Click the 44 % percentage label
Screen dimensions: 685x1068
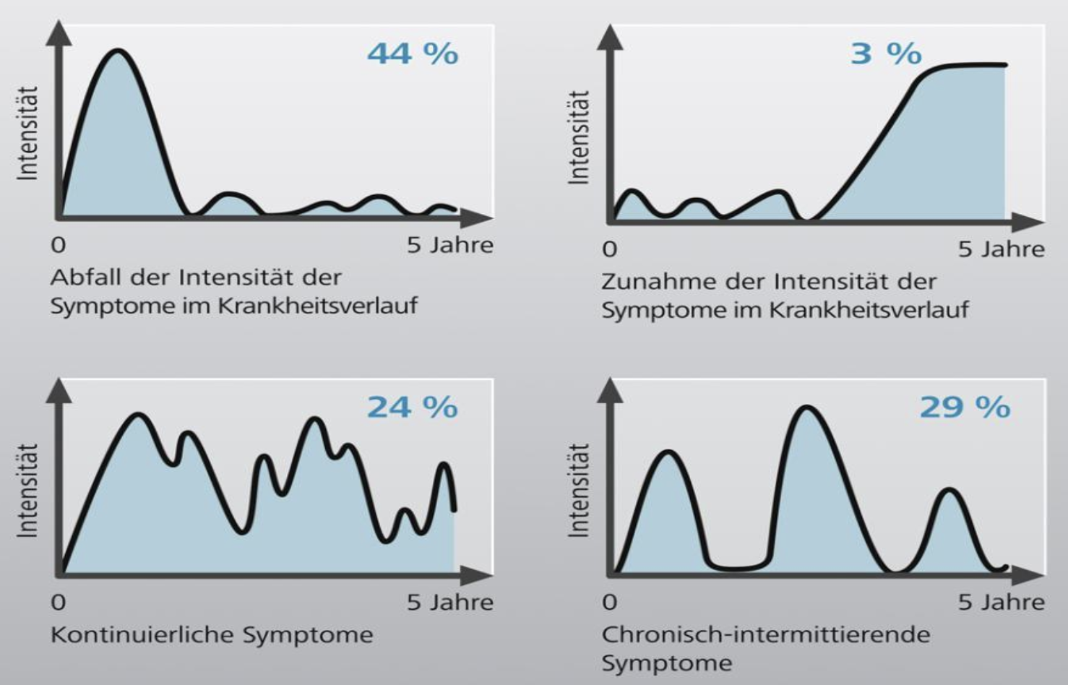412,54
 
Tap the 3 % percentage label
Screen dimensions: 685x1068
886,54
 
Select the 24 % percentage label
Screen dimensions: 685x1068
412,408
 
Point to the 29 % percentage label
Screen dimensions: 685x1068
964,408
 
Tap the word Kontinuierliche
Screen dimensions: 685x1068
142,635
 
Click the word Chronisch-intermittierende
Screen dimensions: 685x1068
765,634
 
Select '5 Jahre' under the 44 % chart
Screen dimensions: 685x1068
449,246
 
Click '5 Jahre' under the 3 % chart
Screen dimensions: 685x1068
1001,250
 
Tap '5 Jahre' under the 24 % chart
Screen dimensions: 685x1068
449,602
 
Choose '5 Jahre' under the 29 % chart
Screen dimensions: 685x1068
1001,602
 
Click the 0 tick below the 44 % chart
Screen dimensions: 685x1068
59,246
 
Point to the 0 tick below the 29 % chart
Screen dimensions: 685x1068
610,602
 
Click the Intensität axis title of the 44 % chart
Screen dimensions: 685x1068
27,133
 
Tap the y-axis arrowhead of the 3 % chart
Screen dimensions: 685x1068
611,36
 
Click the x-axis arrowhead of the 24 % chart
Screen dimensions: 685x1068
477,575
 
